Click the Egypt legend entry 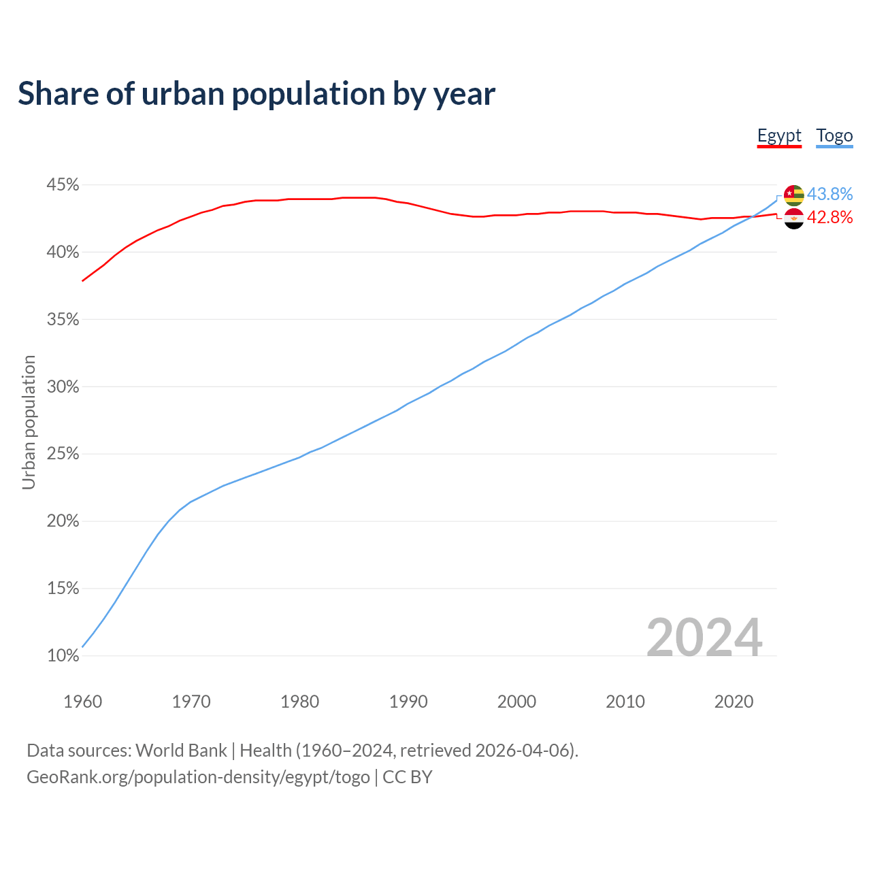[779, 135]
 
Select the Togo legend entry [834, 135]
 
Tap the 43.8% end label [829, 194]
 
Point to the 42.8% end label [829, 217]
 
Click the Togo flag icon [794, 195]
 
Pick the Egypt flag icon [794, 218]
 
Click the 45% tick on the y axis [63, 185]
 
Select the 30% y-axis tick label [63, 387]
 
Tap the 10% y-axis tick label [63, 656]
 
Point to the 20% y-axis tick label [63, 521]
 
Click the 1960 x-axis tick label [82, 702]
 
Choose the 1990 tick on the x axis [408, 702]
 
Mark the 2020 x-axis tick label [734, 702]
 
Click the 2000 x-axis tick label [516, 702]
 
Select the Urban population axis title [29, 422]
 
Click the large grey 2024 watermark [704, 638]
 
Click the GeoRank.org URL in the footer [198, 776]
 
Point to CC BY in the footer [408, 776]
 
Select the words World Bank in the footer [181, 750]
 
